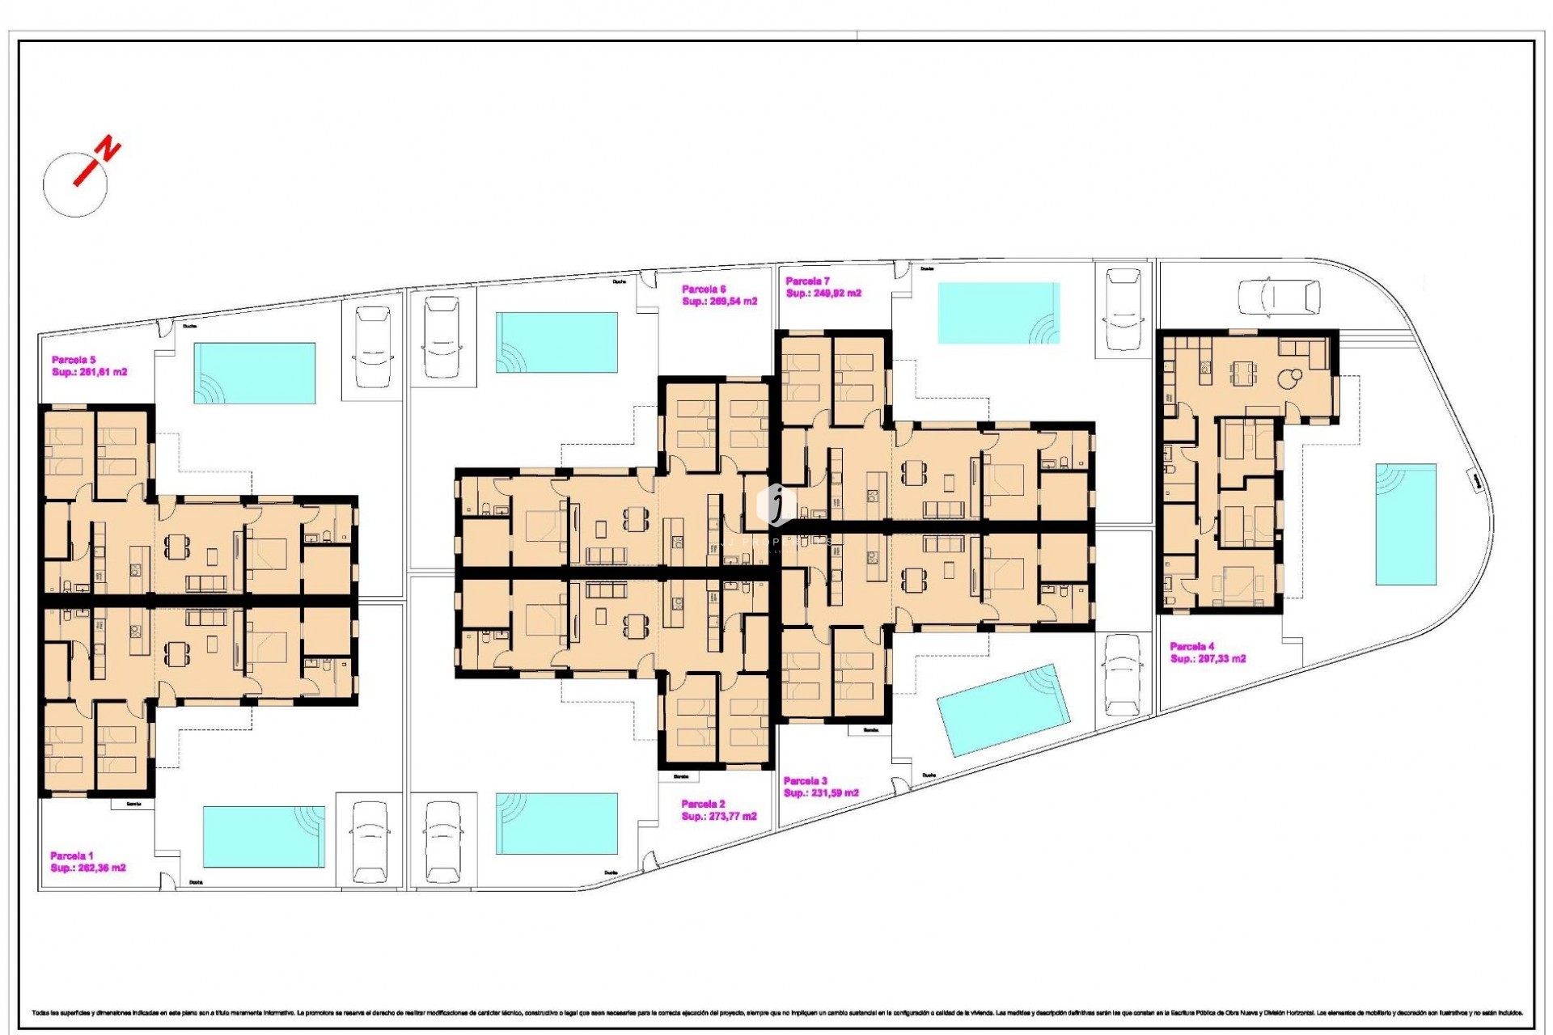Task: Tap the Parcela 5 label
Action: (74, 360)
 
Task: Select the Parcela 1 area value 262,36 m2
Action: (88, 868)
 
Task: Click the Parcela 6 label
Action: (704, 289)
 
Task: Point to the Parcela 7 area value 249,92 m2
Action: (823, 294)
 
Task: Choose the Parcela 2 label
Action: (703, 804)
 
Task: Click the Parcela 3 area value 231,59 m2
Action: (821, 793)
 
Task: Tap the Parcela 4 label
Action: (1192, 646)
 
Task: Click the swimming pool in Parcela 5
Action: (254, 373)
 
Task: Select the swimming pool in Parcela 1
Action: (264, 835)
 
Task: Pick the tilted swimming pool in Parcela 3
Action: (1003, 709)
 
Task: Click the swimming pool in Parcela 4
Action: (1406, 524)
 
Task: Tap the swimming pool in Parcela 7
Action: (998, 313)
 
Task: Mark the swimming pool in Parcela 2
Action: (556, 823)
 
